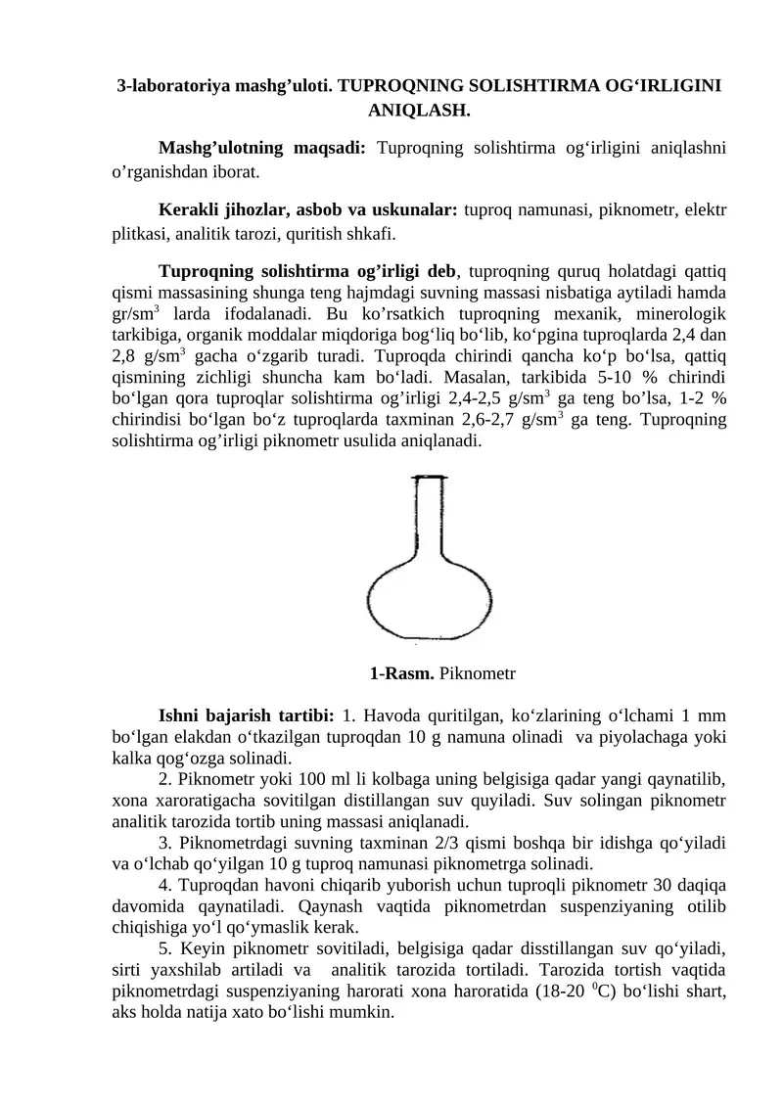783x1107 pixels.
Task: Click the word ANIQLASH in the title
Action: point(419,111)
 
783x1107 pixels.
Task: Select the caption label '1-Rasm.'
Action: point(402,674)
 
